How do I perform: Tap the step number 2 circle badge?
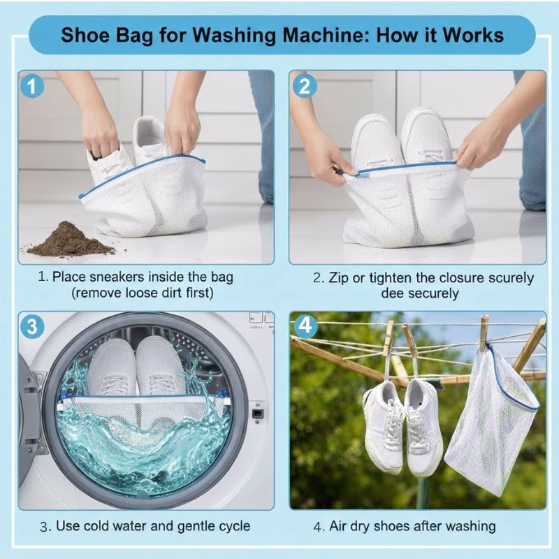pyautogui.click(x=305, y=86)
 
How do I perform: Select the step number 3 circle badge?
pyautogui.click(x=32, y=327)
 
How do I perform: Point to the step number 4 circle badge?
pyautogui.click(x=305, y=327)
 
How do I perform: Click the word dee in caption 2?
pyautogui.click(x=393, y=293)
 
